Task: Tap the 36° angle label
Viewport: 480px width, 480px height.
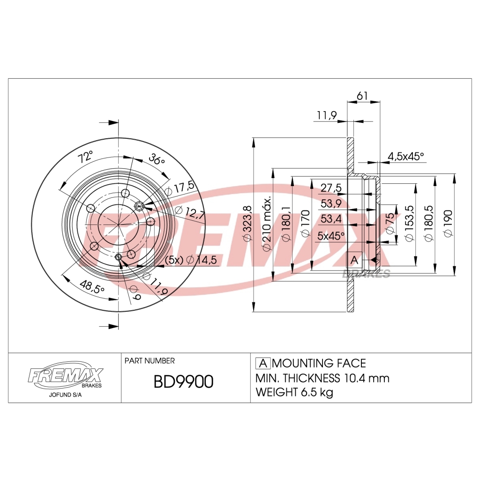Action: tap(157, 159)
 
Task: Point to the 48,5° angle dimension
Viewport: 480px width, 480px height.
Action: tap(92, 287)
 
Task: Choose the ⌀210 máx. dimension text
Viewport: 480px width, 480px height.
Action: tap(267, 224)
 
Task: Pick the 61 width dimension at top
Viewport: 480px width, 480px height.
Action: tap(362, 96)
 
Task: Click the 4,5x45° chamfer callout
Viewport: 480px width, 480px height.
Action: tap(405, 156)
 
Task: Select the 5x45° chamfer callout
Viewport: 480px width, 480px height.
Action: tap(331, 235)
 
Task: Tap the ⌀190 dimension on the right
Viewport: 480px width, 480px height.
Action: tap(448, 224)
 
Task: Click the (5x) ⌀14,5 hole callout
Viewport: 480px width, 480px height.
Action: tap(190, 261)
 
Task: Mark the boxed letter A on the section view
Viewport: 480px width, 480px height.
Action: tap(354, 260)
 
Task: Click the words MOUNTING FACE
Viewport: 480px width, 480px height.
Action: tap(319, 363)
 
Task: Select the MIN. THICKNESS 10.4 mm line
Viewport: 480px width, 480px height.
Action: tap(322, 378)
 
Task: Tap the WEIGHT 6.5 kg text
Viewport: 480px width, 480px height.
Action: tap(294, 392)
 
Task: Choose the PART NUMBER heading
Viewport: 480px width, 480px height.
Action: tap(150, 361)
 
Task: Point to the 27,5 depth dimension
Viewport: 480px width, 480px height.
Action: tap(331, 188)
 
